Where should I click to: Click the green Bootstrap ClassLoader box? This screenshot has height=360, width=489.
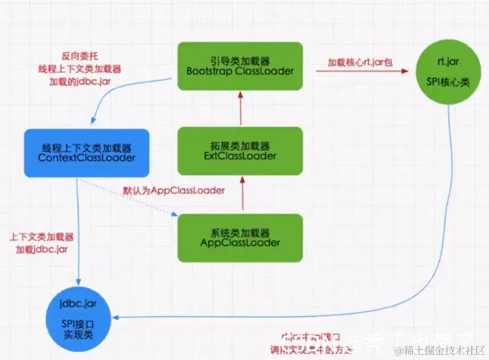point(240,65)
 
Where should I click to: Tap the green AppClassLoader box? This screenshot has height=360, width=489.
point(240,237)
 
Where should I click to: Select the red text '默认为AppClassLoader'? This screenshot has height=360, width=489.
point(174,191)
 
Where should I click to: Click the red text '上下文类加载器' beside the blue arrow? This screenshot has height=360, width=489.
point(42,237)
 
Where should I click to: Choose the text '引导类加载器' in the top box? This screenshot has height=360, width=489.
point(240,60)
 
